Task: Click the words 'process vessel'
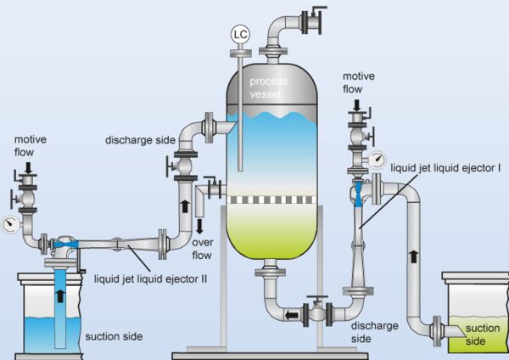(270, 87)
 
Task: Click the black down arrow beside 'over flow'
(200, 225)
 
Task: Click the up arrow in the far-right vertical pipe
(414, 255)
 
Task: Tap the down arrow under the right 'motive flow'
(356, 106)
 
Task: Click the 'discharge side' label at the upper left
(139, 139)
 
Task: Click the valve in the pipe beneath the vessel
(318, 311)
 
